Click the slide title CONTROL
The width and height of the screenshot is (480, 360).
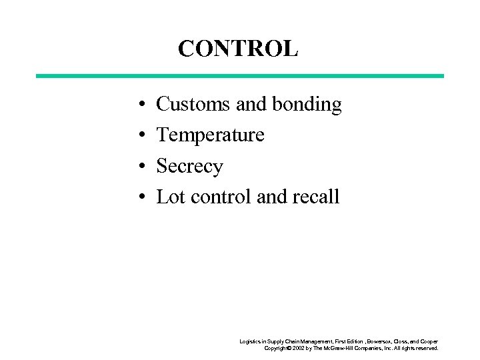pyautogui.click(x=238, y=49)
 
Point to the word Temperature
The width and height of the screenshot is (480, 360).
pyautogui.click(x=210, y=135)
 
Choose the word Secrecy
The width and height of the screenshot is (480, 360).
pyautogui.click(x=189, y=166)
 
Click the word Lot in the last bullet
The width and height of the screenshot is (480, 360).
pyautogui.click(x=170, y=197)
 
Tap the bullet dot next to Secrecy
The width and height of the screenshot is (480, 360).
pyautogui.click(x=143, y=167)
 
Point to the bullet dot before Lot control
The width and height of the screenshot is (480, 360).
pyautogui.click(x=143, y=197)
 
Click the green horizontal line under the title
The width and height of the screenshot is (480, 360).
pyautogui.click(x=239, y=76)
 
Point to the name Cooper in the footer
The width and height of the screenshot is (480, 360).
pyautogui.click(x=429, y=341)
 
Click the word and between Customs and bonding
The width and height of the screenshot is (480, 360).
pyautogui.click(x=251, y=105)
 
